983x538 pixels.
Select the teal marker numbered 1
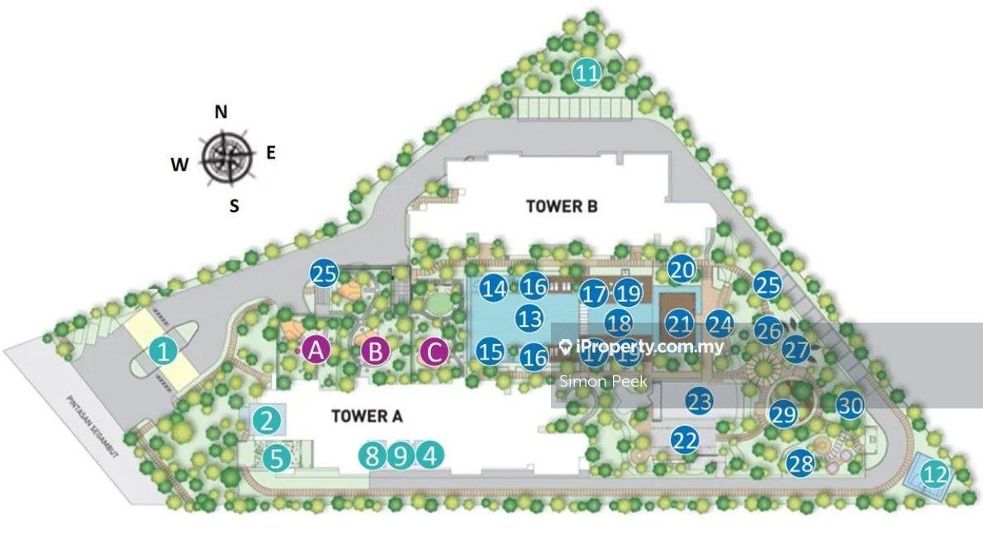(164, 353)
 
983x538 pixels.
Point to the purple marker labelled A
(315, 351)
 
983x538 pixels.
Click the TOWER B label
(562, 206)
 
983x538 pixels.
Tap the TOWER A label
(367, 416)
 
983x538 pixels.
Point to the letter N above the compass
(221, 112)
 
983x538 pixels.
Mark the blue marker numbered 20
(681, 270)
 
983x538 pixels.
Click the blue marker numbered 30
(850, 405)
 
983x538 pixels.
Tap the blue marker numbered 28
(800, 463)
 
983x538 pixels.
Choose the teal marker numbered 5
(278, 455)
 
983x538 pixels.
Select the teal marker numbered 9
(401, 455)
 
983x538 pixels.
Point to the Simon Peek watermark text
(604, 381)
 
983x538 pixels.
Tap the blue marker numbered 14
(495, 289)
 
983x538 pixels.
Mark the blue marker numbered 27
(796, 349)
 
